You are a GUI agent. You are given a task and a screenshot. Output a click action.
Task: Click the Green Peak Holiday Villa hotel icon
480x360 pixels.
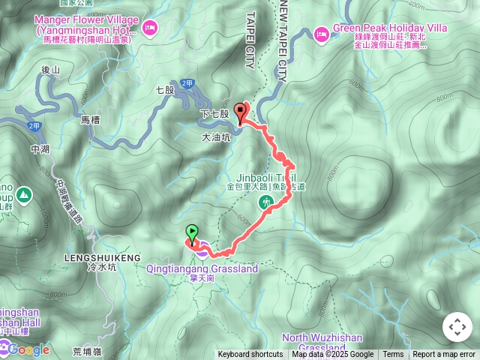pyautogui.click(x=321, y=33)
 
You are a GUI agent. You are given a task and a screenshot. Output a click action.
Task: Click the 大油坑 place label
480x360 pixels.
pyautogui.click(x=217, y=138)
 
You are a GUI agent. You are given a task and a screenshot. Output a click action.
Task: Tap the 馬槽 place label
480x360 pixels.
pyautogui.click(x=89, y=119)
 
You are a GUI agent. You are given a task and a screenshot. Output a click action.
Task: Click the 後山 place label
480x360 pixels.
pyautogui.click(x=49, y=70)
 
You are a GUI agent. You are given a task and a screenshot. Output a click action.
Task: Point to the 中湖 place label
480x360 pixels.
pyautogui.click(x=40, y=149)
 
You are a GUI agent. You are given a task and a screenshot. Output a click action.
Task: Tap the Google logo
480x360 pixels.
pyautogui.click(x=28, y=349)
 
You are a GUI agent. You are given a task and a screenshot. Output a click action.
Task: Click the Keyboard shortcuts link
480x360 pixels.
pyautogui.click(x=250, y=355)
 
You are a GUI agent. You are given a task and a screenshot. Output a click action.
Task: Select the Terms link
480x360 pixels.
pyautogui.click(x=393, y=355)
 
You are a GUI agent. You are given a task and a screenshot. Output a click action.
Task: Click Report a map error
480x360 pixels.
pyautogui.click(x=444, y=355)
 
